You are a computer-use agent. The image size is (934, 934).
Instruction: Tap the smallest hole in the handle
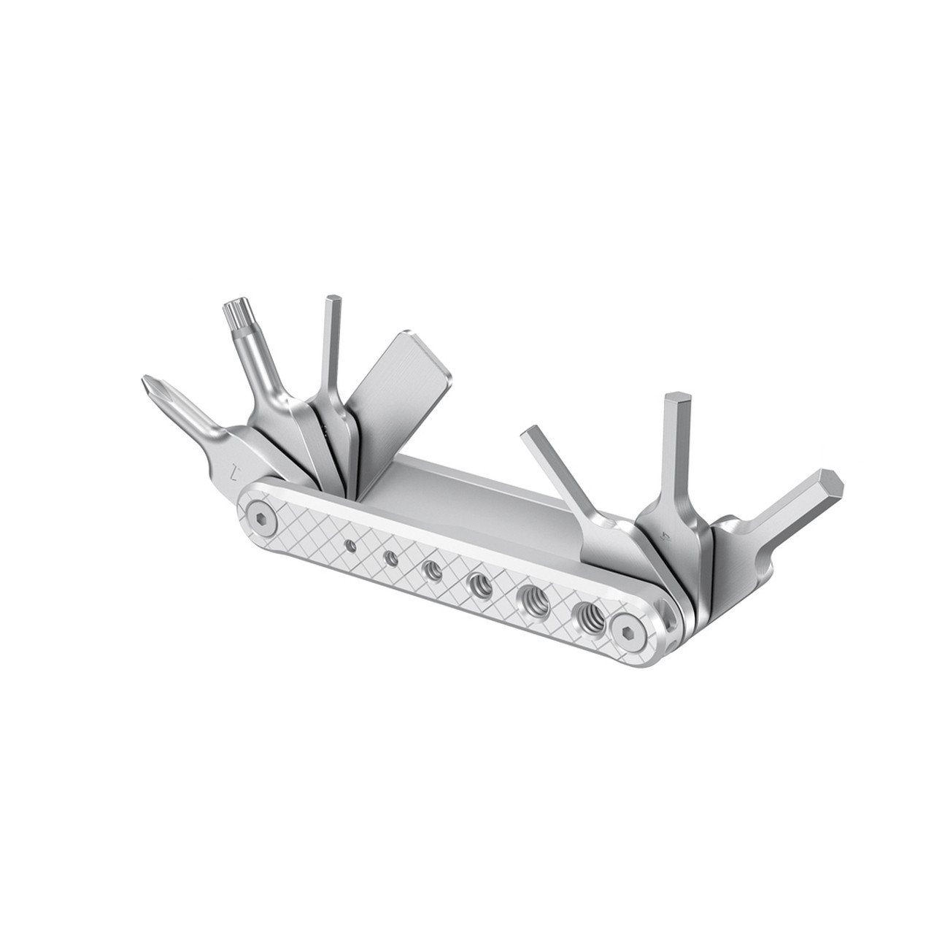[x=352, y=544]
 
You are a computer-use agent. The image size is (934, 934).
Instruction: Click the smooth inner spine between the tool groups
[x=467, y=496]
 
